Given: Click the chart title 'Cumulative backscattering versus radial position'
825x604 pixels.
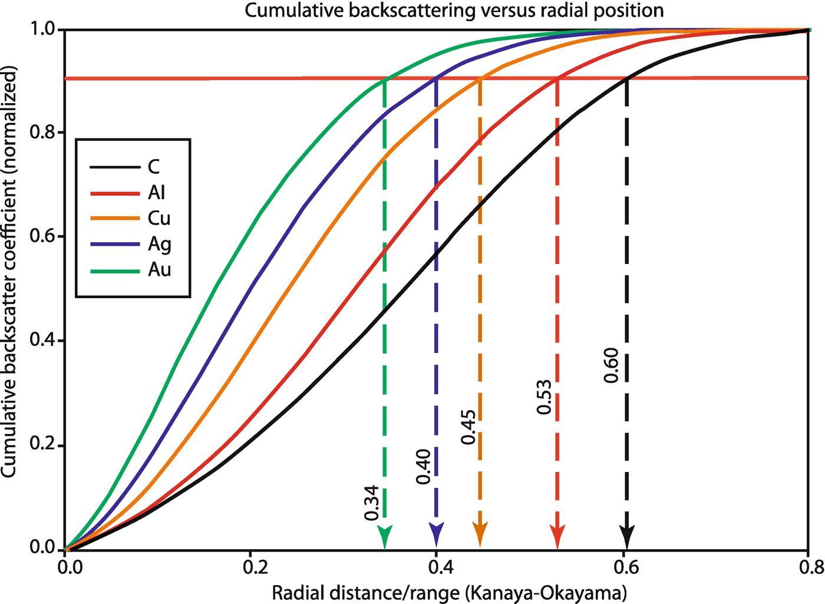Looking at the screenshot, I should point(454,10).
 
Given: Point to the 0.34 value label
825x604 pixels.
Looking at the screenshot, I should point(372,503).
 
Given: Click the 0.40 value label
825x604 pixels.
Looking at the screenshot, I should point(424,466).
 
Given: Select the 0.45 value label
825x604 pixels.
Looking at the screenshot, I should point(468,427).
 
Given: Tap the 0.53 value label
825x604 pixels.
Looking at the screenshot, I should point(544,397).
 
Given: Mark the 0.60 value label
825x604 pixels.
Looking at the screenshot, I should point(612,365).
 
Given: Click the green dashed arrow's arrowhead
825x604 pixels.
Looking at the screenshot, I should point(385,537).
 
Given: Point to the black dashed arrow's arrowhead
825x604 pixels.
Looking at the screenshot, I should point(627,537).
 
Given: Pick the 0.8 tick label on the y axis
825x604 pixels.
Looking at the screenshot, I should point(42,132).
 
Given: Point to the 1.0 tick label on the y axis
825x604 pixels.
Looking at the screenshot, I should point(42,29).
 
